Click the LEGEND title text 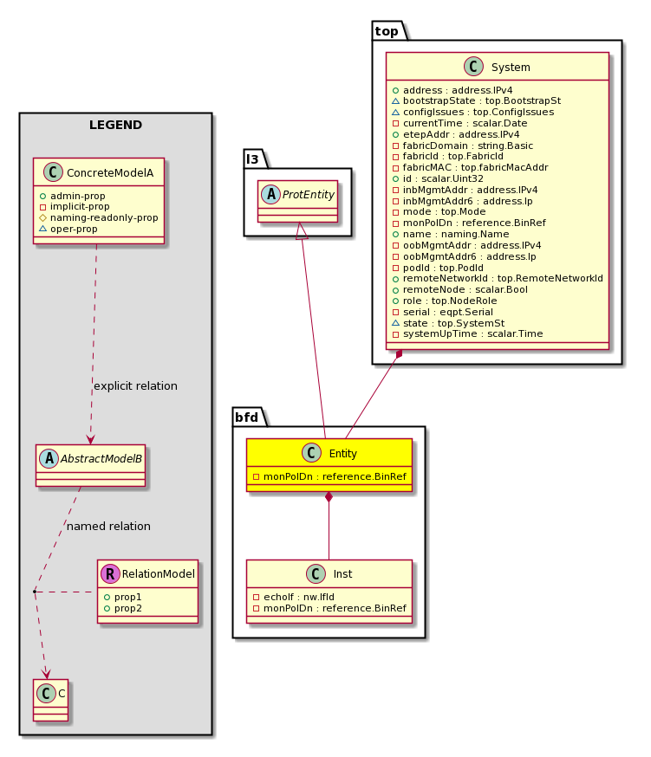pyautogui.click(x=115, y=125)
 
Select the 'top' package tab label pyautogui.click(x=387, y=31)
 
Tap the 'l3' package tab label pyautogui.click(x=252, y=159)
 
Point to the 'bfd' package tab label pyautogui.click(x=246, y=417)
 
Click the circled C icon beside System pyautogui.click(x=473, y=67)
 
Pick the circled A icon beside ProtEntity pyautogui.click(x=270, y=195)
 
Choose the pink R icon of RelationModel pyautogui.click(x=110, y=573)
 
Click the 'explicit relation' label pyautogui.click(x=135, y=386)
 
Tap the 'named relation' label pyautogui.click(x=108, y=527)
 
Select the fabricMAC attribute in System pyautogui.click(x=470, y=167)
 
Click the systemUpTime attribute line pyautogui.click(x=467, y=333)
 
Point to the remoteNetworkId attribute pyautogui.click(x=498, y=278)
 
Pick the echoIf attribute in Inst pyautogui.click(x=294, y=597)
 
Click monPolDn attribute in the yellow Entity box pyautogui.click(x=329, y=476)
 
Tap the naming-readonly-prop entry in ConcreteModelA pyautogui.click(x=99, y=217)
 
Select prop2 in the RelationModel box pyautogui.click(x=123, y=608)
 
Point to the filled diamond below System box pyautogui.click(x=399, y=355)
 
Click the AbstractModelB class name pyautogui.click(x=101, y=459)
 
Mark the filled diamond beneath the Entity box pyautogui.click(x=329, y=497)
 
